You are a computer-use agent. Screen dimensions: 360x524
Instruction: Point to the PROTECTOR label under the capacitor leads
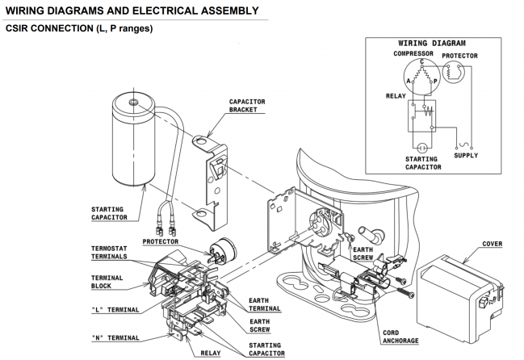(161, 241)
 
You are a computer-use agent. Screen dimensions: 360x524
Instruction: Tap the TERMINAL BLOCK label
(107, 282)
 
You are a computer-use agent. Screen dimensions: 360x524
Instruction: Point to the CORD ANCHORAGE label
(400, 336)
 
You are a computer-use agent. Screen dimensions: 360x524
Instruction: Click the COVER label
(492, 244)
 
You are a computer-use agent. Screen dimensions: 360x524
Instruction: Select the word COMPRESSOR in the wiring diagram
(414, 53)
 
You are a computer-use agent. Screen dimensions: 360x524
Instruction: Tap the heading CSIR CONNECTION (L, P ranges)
(78, 28)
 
